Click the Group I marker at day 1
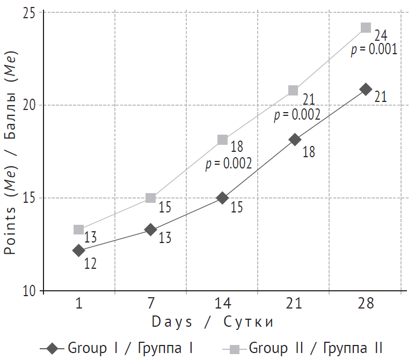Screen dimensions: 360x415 click(x=79, y=250)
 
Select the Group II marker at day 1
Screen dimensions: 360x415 click(x=79, y=230)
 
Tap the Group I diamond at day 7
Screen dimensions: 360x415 click(x=151, y=230)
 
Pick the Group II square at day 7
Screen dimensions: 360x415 click(x=151, y=198)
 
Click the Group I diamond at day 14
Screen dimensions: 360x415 click(x=223, y=198)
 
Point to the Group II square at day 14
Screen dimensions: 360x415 click(x=223, y=139)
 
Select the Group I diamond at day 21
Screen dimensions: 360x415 click(x=294, y=139)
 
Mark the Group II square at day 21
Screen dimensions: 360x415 click(x=293, y=90)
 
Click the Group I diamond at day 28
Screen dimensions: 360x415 click(x=366, y=89)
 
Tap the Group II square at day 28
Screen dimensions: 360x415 click(x=366, y=27)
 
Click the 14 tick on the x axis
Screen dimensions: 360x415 click(x=223, y=304)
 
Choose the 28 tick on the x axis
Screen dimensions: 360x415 click(x=366, y=304)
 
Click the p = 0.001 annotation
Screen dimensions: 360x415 click(x=374, y=50)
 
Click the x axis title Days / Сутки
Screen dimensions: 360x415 click(x=213, y=322)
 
